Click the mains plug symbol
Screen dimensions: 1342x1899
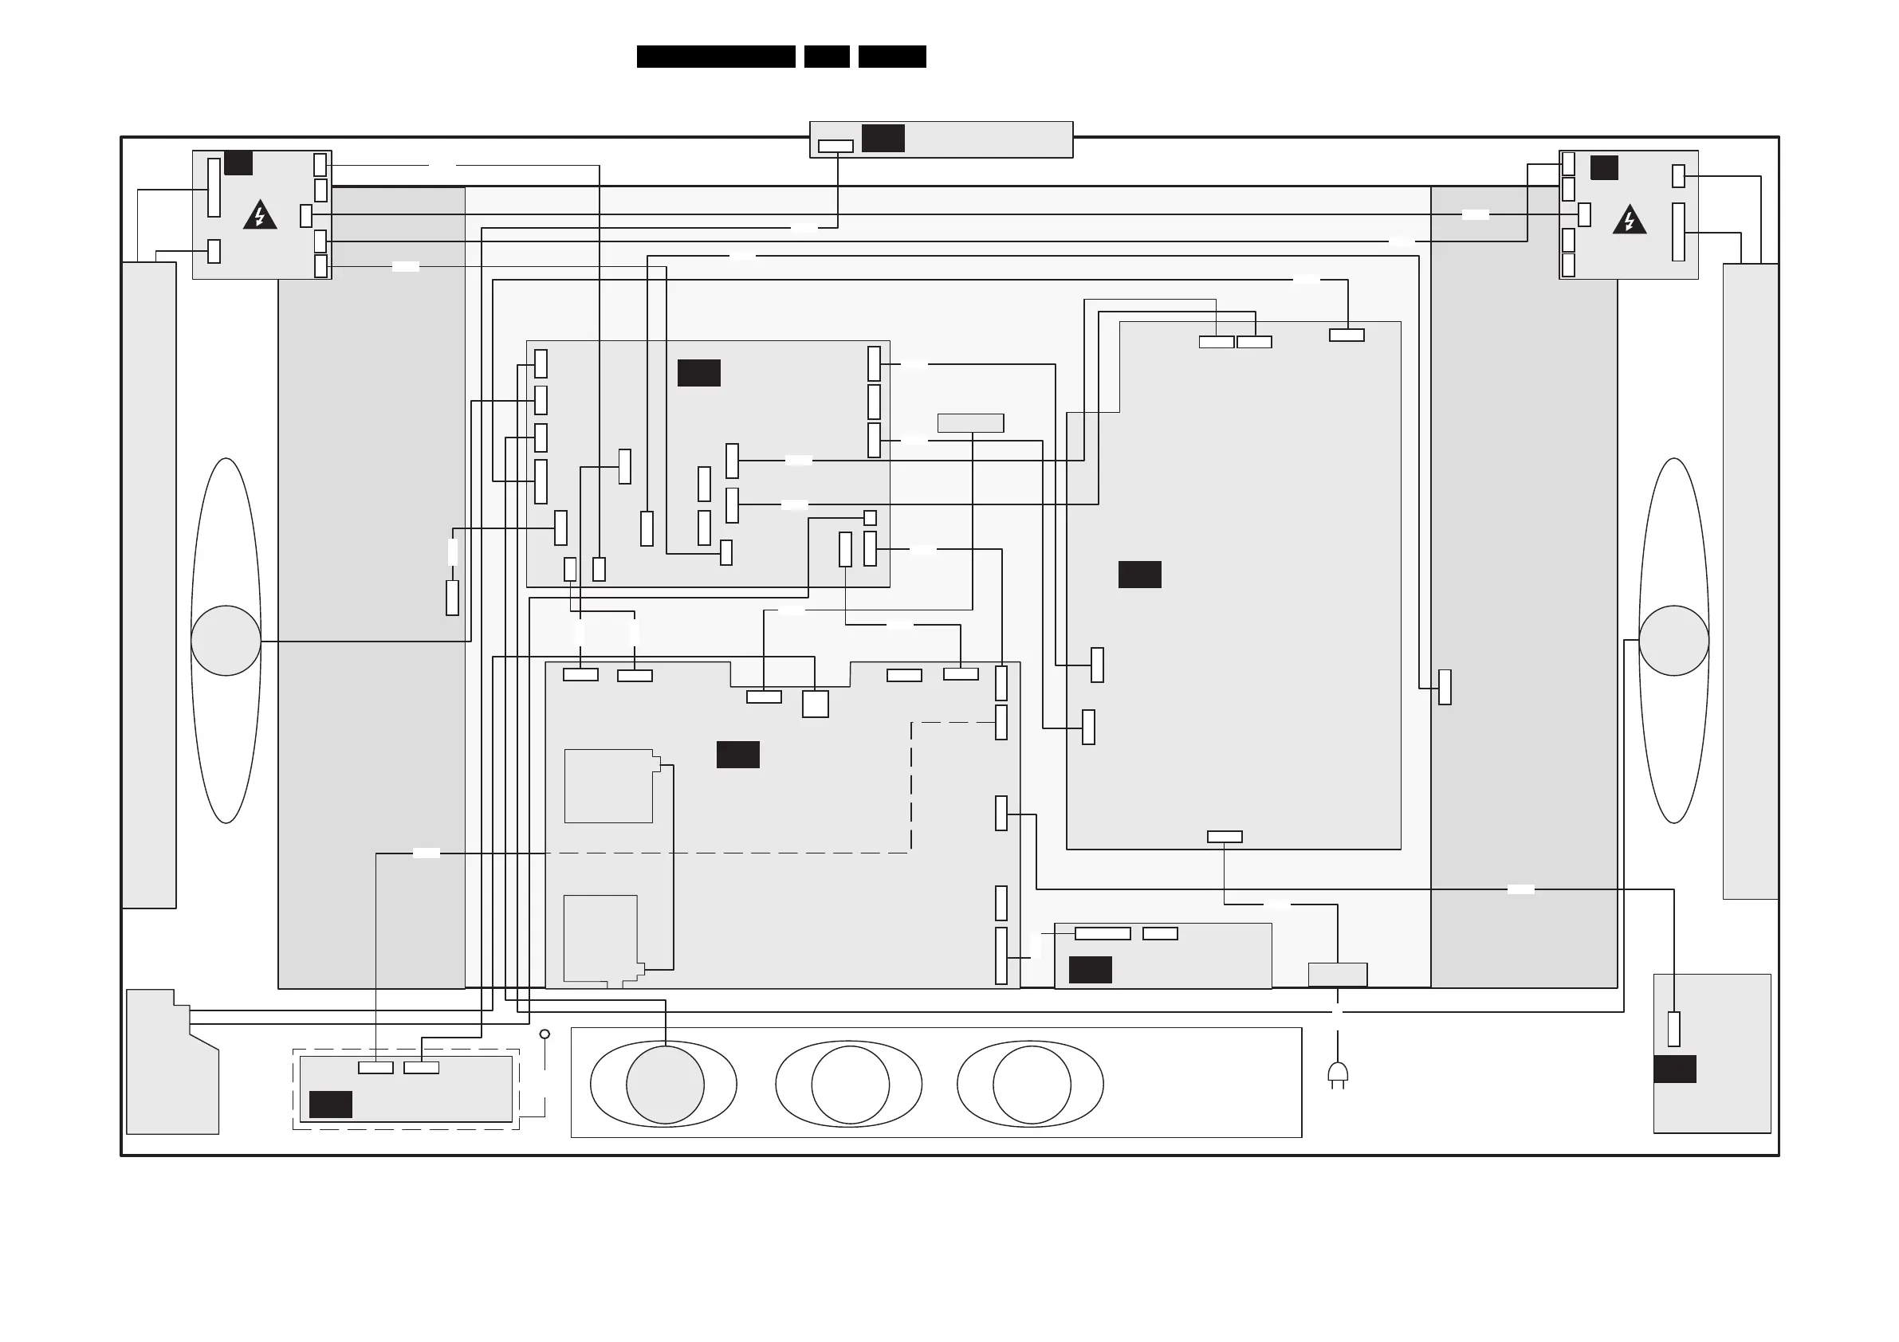pyautogui.click(x=1338, y=1074)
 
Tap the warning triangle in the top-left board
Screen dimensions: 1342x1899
pyautogui.click(x=261, y=216)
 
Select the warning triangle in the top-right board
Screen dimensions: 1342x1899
pyautogui.click(x=1629, y=220)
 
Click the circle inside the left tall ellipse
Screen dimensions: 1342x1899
pyautogui.click(x=226, y=641)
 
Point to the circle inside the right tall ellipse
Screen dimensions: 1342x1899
pyautogui.click(x=1673, y=641)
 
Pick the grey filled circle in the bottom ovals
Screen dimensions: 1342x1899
pyautogui.click(x=665, y=1084)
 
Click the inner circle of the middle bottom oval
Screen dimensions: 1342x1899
pyautogui.click(x=851, y=1084)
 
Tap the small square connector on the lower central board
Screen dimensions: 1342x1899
pyautogui.click(x=815, y=704)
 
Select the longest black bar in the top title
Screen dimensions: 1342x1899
pyautogui.click(x=715, y=57)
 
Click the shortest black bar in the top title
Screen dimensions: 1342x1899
pyautogui.click(x=826, y=57)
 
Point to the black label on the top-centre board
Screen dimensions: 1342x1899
pyautogui.click(x=883, y=138)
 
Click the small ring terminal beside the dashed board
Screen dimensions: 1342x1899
pyautogui.click(x=545, y=1034)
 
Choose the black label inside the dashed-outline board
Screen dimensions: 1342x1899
pyautogui.click(x=330, y=1104)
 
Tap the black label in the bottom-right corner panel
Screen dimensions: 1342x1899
pyautogui.click(x=1674, y=1069)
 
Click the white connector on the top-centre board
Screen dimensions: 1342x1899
pyautogui.click(x=835, y=147)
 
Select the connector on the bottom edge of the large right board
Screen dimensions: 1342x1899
pyautogui.click(x=1224, y=837)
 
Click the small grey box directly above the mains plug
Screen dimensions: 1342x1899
pyautogui.click(x=1338, y=974)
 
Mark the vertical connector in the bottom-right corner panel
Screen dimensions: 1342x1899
pyautogui.click(x=1673, y=1029)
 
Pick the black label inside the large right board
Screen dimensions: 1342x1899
pyautogui.click(x=1139, y=574)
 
